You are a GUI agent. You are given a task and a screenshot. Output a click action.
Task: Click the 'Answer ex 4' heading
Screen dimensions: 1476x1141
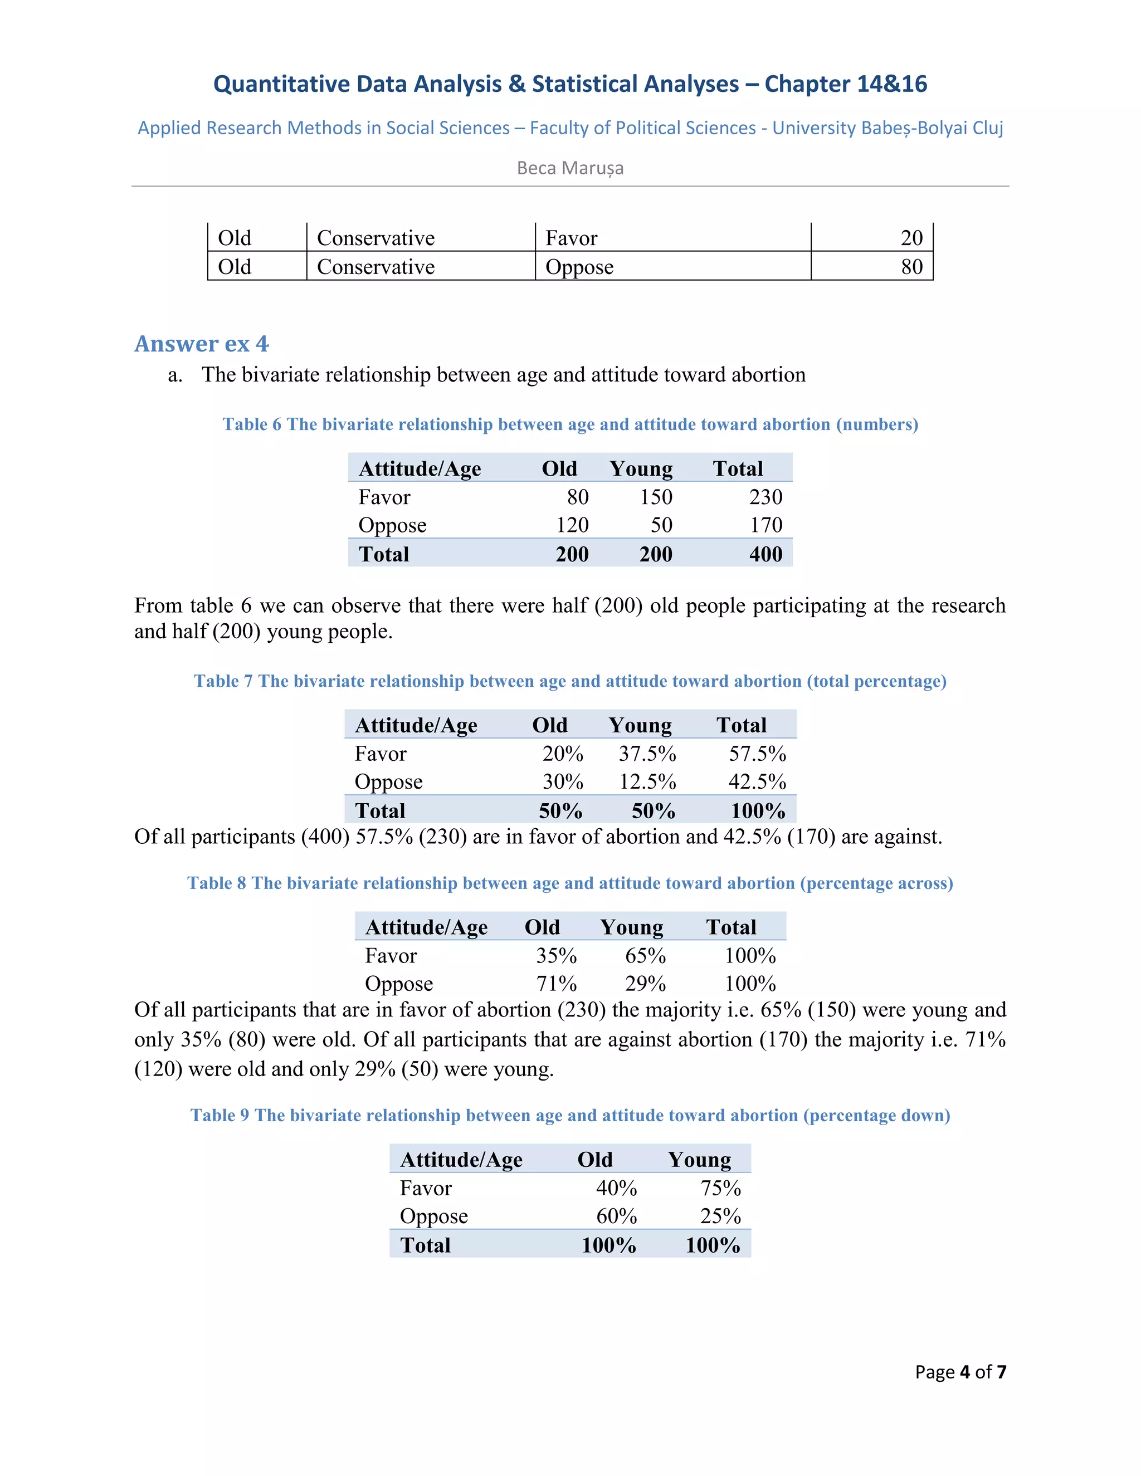point(202,344)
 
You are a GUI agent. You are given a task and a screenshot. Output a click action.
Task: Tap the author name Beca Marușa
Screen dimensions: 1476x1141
point(570,168)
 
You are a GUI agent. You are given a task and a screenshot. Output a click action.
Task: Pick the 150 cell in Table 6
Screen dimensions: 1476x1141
point(656,497)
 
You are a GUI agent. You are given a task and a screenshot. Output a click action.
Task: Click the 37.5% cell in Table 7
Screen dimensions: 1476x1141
point(647,754)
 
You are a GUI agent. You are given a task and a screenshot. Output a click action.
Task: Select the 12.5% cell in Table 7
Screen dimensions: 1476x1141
point(647,782)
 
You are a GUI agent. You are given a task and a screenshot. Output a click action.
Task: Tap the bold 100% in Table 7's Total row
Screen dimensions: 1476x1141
point(758,811)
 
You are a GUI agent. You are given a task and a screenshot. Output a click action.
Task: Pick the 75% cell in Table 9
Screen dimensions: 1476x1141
point(720,1188)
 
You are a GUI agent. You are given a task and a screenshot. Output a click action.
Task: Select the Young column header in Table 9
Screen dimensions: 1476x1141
point(699,1160)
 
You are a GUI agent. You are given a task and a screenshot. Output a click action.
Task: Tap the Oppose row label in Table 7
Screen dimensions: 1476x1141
point(389,782)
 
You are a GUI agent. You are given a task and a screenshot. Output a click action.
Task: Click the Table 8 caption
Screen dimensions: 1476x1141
point(570,883)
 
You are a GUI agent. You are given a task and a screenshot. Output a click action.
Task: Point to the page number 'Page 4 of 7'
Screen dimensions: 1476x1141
point(960,1372)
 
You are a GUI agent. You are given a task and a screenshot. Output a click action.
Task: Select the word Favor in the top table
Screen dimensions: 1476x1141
point(571,238)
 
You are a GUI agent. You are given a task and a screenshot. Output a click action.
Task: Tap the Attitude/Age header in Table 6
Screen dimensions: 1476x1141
point(420,468)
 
